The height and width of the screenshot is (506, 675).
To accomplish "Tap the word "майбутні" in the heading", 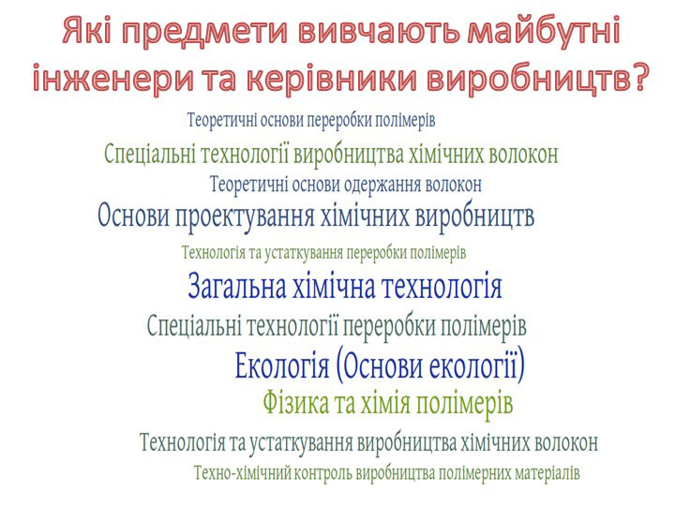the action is (x=543, y=30).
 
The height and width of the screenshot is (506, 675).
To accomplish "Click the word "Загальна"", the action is (x=237, y=286).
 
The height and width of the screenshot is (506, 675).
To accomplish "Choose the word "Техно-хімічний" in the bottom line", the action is (x=242, y=473).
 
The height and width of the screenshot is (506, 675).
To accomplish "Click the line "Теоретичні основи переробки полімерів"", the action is (x=311, y=120).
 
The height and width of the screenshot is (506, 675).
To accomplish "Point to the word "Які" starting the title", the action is (x=91, y=32).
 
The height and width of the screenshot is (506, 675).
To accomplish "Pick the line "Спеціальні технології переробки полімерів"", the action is (x=337, y=327).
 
